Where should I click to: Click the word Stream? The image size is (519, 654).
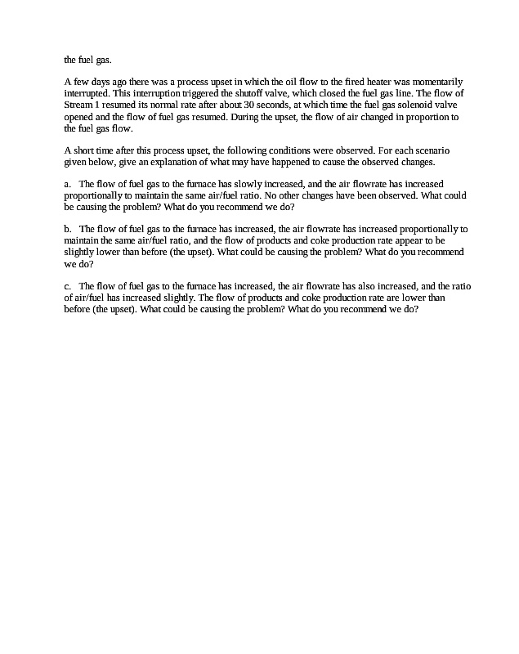pyautogui.click(x=77, y=105)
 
